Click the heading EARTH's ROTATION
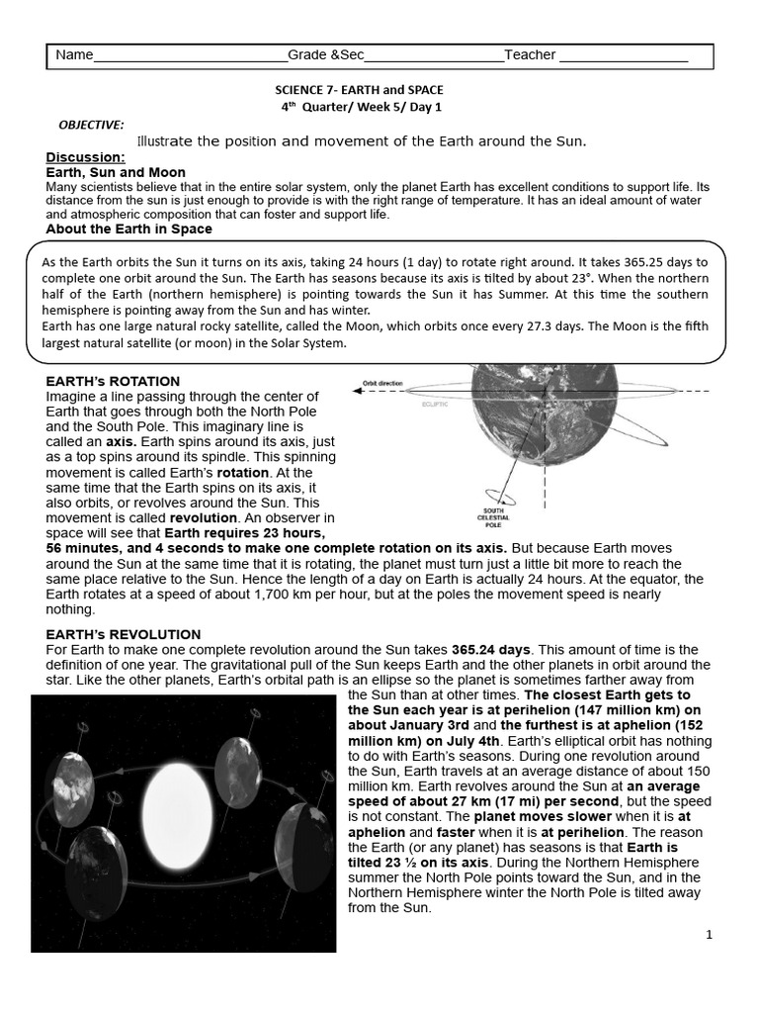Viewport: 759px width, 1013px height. click(113, 381)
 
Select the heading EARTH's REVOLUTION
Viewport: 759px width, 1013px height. click(123, 634)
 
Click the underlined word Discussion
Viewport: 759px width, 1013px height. click(85, 157)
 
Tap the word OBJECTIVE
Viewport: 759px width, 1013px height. click(91, 125)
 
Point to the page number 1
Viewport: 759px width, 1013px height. click(709, 934)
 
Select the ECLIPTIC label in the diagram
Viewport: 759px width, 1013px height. click(436, 404)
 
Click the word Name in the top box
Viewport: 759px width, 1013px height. click(74, 55)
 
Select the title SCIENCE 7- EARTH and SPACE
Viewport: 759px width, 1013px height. click(359, 89)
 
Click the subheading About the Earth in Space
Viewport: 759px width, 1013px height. click(128, 229)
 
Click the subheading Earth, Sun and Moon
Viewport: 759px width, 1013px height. click(116, 172)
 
